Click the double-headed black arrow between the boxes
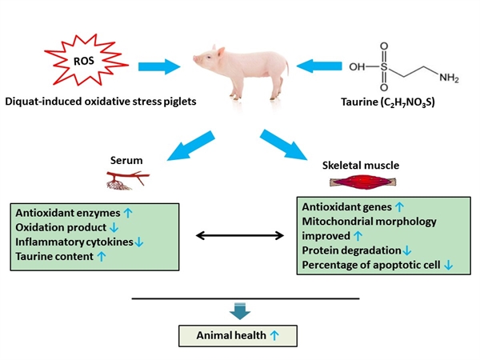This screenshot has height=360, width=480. [x=239, y=235]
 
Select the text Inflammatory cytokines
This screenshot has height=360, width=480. [x=66, y=242]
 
